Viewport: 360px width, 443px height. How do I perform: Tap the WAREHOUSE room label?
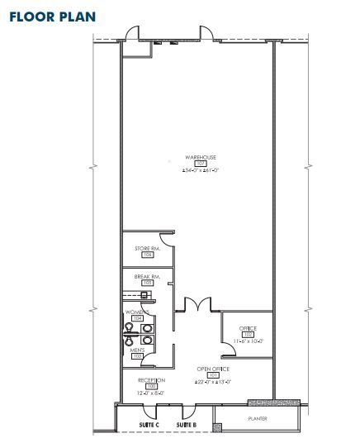[x=200, y=156]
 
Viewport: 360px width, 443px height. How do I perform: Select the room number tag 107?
[x=199, y=164]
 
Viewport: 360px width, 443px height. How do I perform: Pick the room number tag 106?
[x=148, y=255]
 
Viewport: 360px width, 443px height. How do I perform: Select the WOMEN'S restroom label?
[x=137, y=312]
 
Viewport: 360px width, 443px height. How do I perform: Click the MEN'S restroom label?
[x=136, y=350]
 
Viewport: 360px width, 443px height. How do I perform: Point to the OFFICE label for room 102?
[x=248, y=328]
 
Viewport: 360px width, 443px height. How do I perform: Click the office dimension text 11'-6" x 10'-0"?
[x=248, y=341]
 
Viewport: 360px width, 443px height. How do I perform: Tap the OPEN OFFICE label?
[x=212, y=369]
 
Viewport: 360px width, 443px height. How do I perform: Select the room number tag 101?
[x=212, y=375]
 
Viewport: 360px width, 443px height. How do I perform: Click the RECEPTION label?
[x=151, y=379]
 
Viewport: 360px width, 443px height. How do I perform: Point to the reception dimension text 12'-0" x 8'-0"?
[x=151, y=393]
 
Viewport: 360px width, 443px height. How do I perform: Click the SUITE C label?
[x=146, y=425]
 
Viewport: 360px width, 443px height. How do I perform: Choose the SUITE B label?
[x=186, y=425]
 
